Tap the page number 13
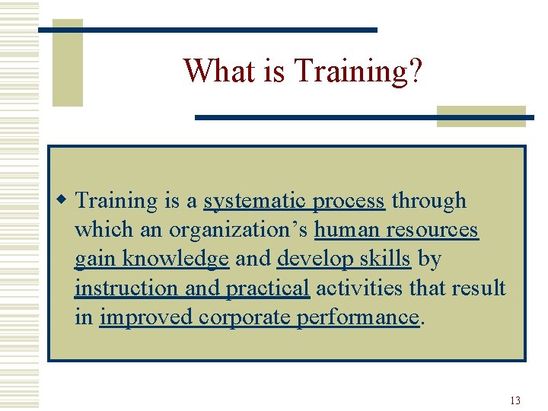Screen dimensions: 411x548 pos(515,400)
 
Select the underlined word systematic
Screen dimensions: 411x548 pos(255,201)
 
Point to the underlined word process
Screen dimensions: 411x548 pos(349,201)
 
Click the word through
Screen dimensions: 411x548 pos(429,201)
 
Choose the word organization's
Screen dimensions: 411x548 pos(238,230)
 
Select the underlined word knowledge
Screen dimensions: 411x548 pos(175,259)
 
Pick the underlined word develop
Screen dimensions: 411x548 pos(311,259)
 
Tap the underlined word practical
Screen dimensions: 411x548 pos(267,288)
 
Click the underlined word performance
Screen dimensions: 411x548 pos(357,317)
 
